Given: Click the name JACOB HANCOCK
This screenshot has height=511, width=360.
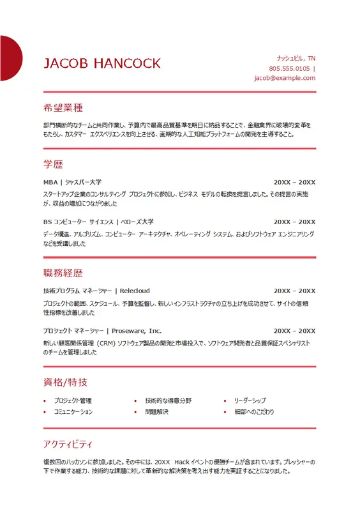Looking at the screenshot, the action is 102,63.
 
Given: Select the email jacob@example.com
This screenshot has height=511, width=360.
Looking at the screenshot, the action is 285,78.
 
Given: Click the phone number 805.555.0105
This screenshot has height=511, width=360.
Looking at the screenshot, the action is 289,68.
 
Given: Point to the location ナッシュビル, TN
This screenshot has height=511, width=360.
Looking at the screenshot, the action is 296,57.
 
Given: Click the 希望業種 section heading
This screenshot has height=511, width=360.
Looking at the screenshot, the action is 63,107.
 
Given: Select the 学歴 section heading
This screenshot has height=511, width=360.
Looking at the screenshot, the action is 53,164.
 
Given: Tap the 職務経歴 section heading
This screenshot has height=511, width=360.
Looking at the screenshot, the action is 63,273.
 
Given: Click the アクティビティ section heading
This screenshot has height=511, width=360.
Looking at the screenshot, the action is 68,443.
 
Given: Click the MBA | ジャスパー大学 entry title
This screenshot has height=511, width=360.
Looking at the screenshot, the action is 72,182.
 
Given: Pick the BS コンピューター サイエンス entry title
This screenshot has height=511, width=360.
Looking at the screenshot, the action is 98,222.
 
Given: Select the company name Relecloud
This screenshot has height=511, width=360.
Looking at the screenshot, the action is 135,291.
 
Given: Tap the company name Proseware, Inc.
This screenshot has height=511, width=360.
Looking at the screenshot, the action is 137,331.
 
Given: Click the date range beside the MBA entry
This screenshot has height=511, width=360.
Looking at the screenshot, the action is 294,182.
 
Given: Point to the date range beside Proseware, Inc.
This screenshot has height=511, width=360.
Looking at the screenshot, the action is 294,331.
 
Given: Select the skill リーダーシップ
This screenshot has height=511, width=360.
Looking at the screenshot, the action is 250,400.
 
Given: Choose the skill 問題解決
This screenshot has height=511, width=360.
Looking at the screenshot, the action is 156,412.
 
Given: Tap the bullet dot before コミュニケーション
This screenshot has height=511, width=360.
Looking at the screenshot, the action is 44,412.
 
